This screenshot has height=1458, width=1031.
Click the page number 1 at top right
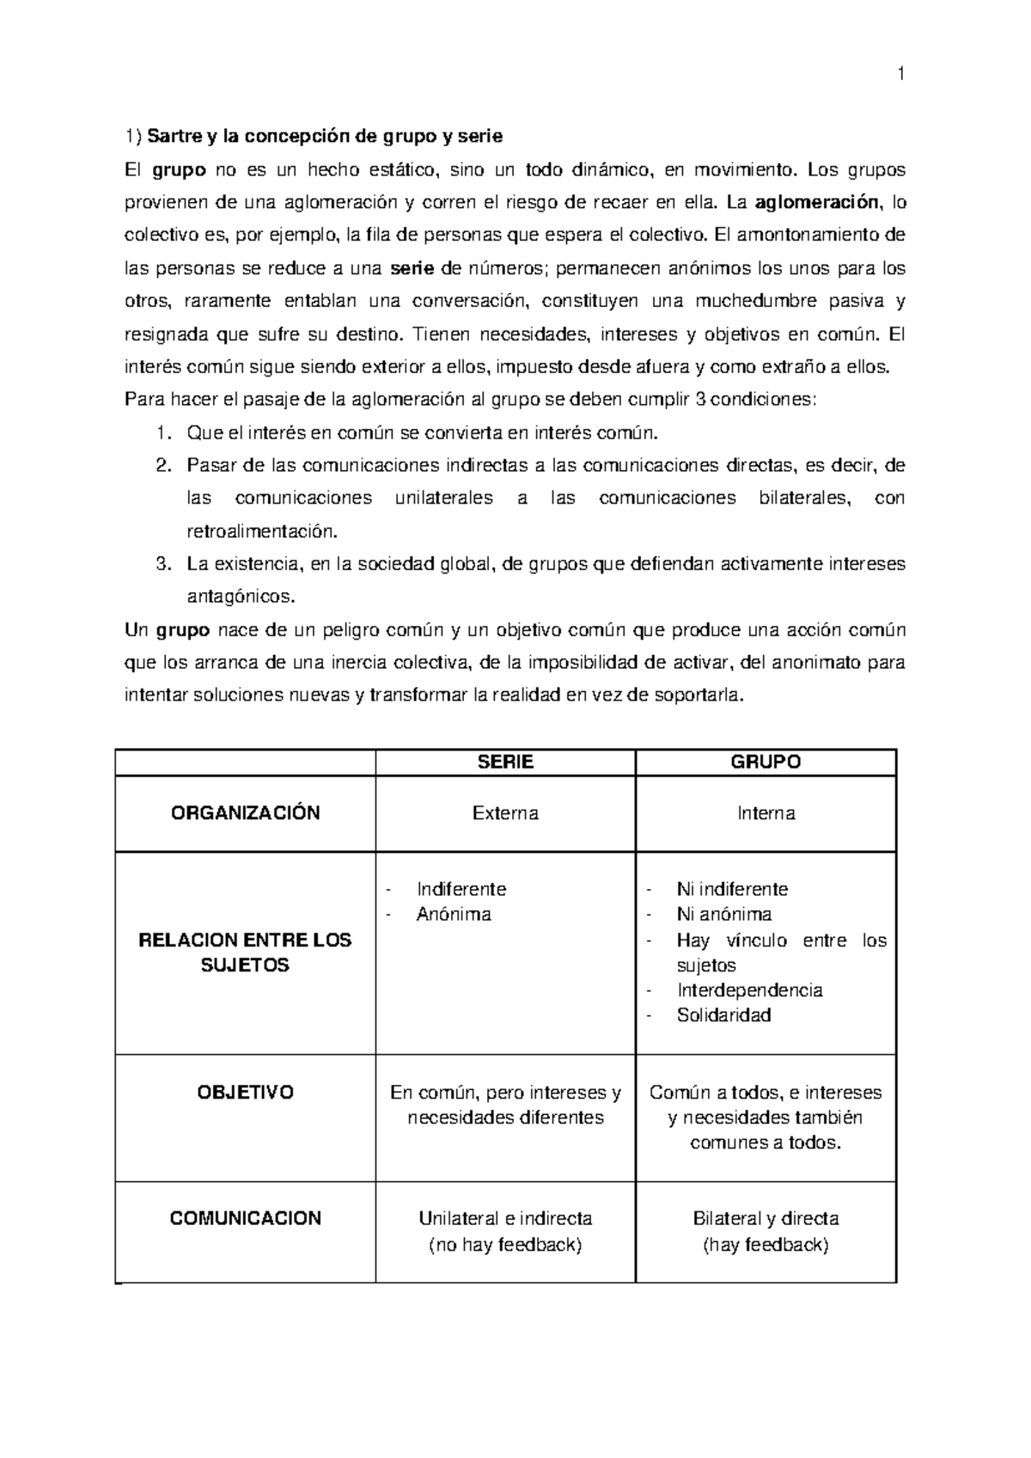pyautogui.click(x=900, y=75)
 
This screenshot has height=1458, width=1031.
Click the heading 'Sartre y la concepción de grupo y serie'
pyautogui.click(x=325, y=137)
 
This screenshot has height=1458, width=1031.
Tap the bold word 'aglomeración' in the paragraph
pyautogui.click(x=817, y=203)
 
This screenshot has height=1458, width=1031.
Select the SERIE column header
pyautogui.click(x=505, y=763)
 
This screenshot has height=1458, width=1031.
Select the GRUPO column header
pyautogui.click(x=765, y=763)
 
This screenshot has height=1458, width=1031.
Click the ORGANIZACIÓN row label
pyautogui.click(x=246, y=813)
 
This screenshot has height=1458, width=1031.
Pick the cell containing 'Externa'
pyautogui.click(x=505, y=813)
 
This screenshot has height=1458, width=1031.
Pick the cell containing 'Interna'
pyautogui.click(x=765, y=813)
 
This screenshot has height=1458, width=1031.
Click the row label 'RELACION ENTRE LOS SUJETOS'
pyautogui.click(x=246, y=953)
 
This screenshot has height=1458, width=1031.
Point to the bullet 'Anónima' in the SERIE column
pyautogui.click(x=454, y=915)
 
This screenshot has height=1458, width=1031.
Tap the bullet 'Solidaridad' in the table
pyautogui.click(x=723, y=1015)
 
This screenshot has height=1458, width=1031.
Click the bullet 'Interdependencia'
pyautogui.click(x=749, y=990)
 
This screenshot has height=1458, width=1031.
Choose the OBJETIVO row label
pyautogui.click(x=246, y=1093)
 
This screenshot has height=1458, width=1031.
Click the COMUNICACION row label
pyautogui.click(x=246, y=1218)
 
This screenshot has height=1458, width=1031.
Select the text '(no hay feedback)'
pyautogui.click(x=505, y=1245)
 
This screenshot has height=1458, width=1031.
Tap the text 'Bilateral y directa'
pyautogui.click(x=765, y=1219)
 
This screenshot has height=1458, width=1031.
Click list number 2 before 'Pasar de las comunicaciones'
pyautogui.click(x=163, y=466)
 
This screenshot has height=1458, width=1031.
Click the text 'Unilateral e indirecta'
pyautogui.click(x=505, y=1219)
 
